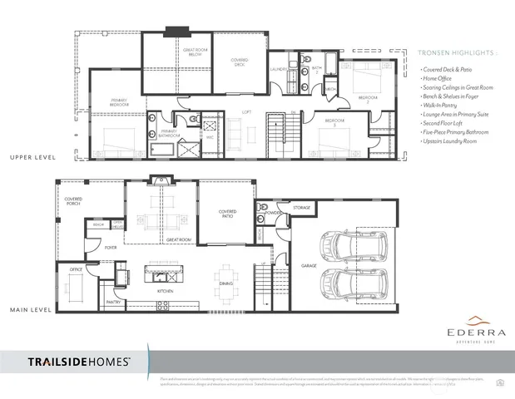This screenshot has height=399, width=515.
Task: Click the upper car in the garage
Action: pyautogui.click(x=344, y=246)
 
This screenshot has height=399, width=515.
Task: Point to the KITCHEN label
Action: pyautogui.click(x=165, y=292)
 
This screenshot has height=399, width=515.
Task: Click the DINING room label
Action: pyautogui.click(x=226, y=284)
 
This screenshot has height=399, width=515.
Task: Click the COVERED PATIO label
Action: pyautogui.click(x=227, y=214)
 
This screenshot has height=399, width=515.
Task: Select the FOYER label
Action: pyautogui.click(x=110, y=247)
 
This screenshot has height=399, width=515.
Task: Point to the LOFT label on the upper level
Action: pyautogui.click(x=246, y=111)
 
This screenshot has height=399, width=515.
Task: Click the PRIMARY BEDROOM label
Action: pyautogui.click(x=119, y=102)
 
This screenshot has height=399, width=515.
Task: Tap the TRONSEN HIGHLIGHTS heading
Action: pyautogui.click(x=457, y=52)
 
